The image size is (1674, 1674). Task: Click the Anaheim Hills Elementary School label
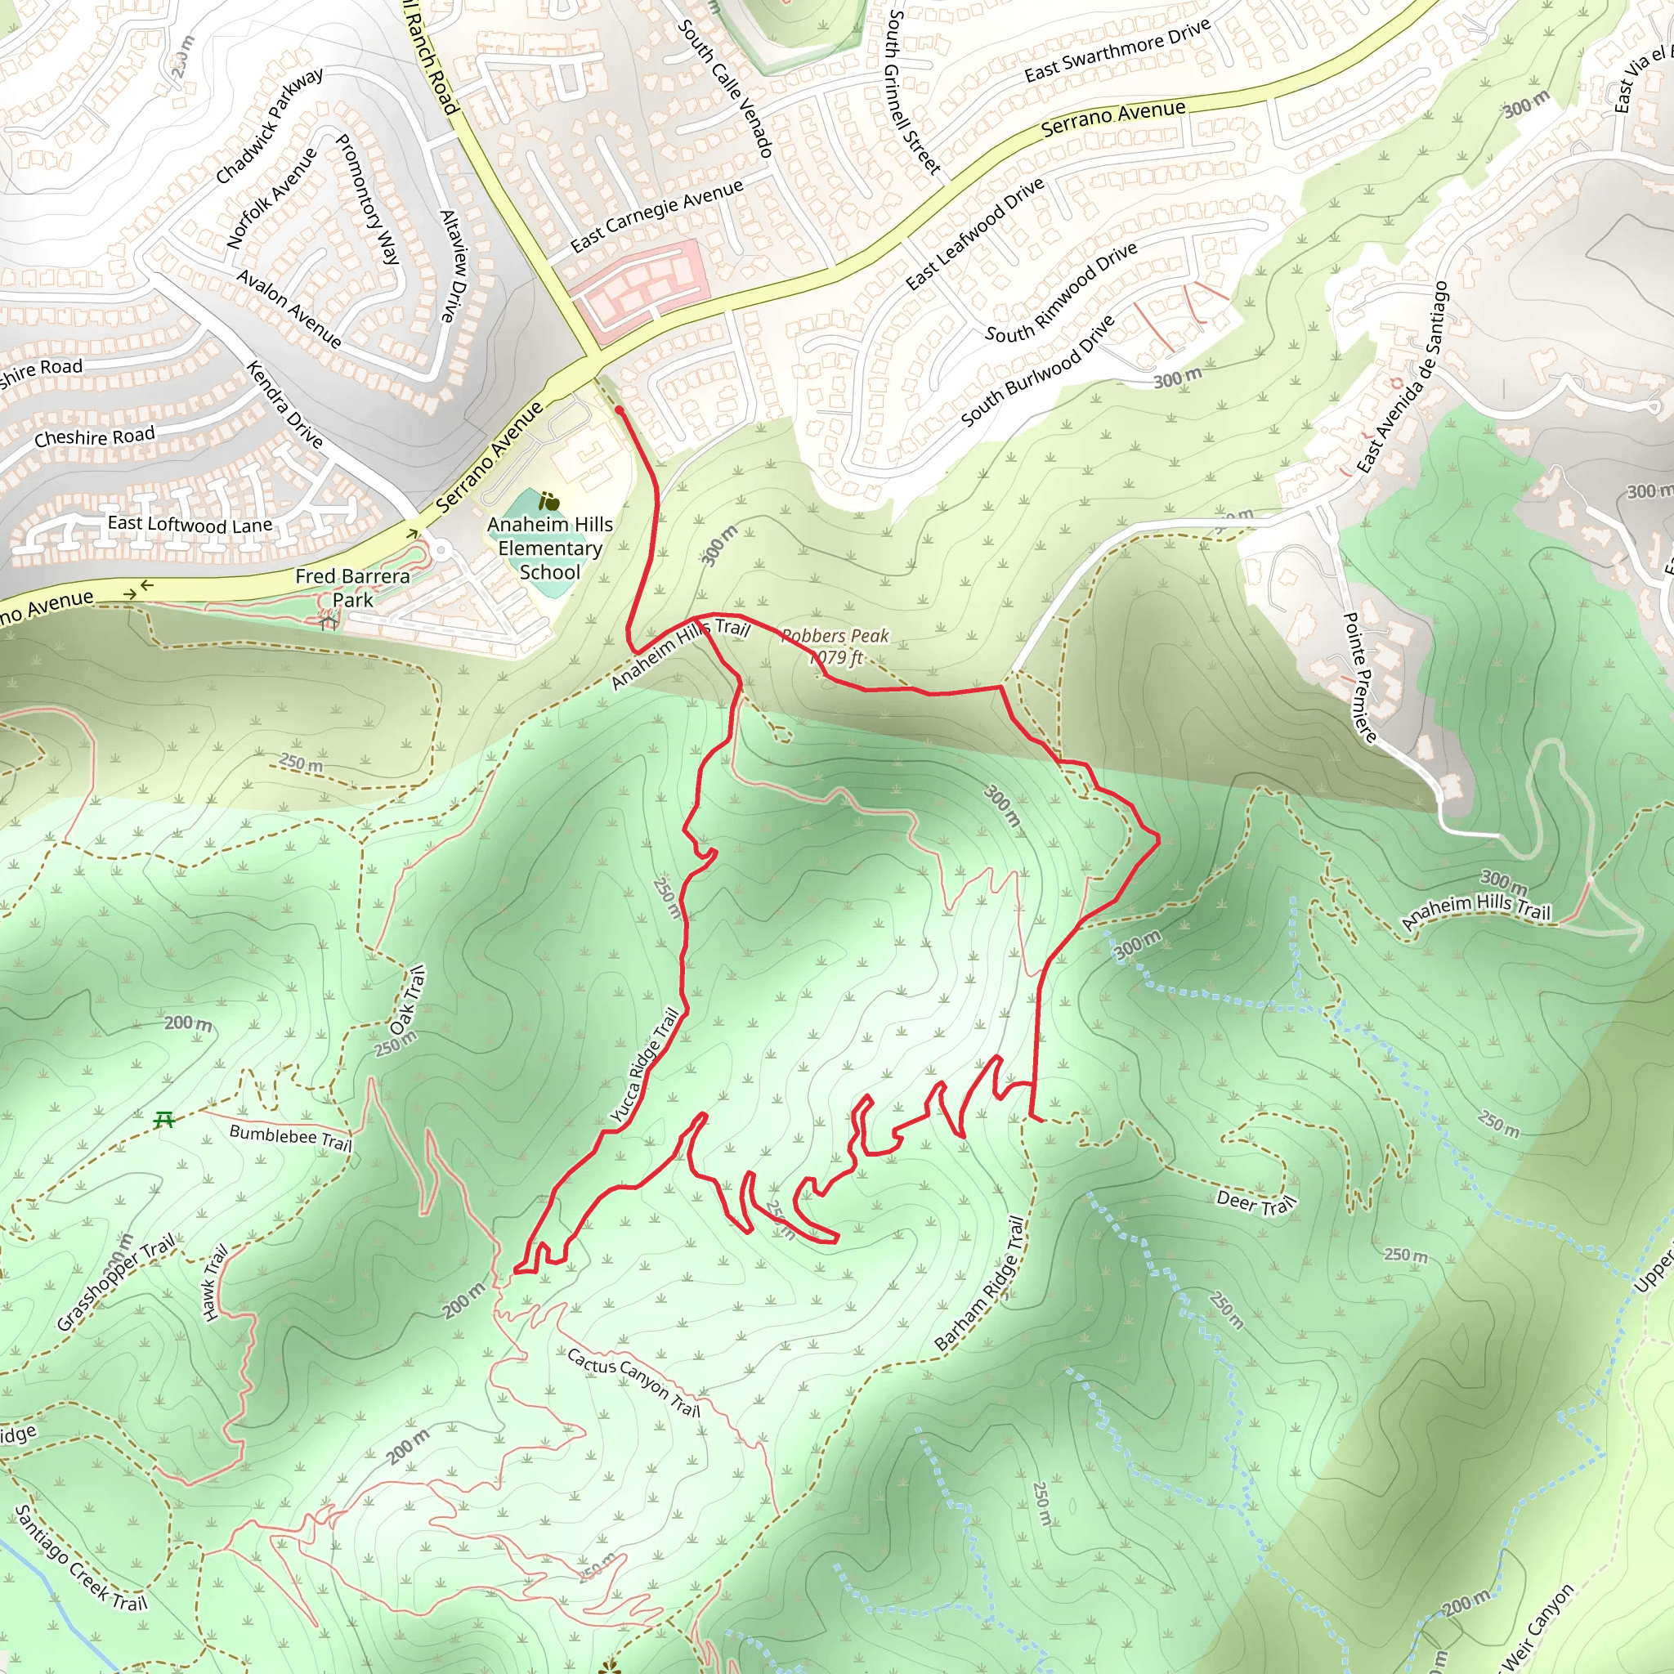(549, 548)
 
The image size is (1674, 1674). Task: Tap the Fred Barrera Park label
(352, 588)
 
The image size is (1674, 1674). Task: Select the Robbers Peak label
(835, 647)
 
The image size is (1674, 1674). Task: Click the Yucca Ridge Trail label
(645, 1067)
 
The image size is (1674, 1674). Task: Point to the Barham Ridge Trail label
(980, 1284)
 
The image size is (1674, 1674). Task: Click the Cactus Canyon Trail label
(633, 1381)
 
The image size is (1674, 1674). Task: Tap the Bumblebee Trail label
(290, 1137)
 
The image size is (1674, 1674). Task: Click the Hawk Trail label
(214, 1282)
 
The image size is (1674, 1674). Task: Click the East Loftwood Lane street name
(190, 524)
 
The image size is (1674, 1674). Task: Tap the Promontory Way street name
(367, 199)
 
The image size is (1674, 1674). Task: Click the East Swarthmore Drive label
(1117, 51)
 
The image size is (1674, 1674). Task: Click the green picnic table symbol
(163, 1121)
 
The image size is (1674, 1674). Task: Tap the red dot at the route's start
(619, 409)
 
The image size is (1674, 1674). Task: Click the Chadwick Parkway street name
(270, 126)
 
